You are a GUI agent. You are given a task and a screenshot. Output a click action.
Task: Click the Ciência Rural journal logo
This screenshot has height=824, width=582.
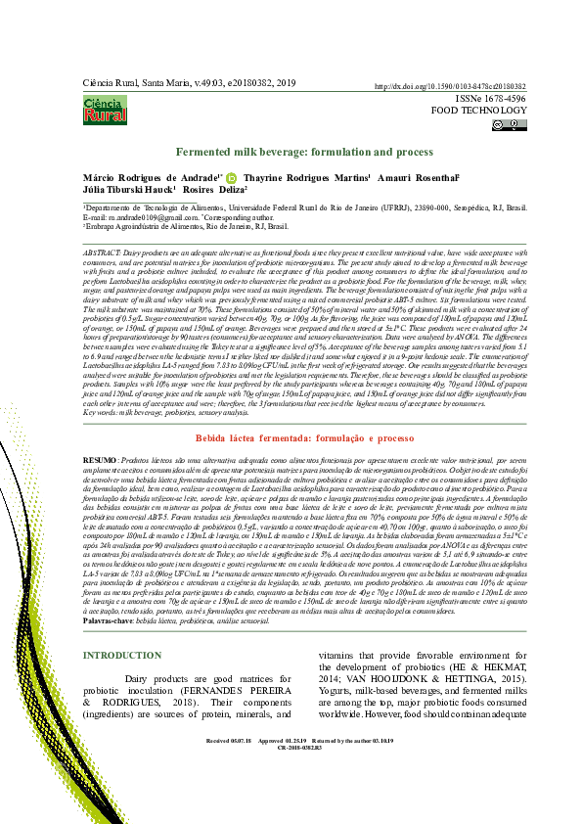(x=105, y=109)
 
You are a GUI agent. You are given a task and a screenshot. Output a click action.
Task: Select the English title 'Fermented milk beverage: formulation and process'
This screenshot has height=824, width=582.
(x=304, y=154)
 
